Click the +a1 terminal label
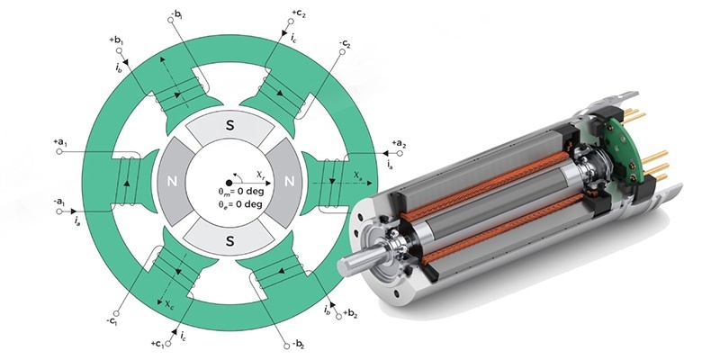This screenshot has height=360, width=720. point(60,143)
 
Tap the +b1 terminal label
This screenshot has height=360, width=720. point(117,40)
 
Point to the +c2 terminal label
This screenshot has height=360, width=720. point(299,13)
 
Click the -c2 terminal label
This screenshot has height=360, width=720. point(345,44)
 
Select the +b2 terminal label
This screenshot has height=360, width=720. point(350,314)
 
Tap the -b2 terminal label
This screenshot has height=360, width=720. point(292,344)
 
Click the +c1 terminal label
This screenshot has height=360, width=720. point(158,344)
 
